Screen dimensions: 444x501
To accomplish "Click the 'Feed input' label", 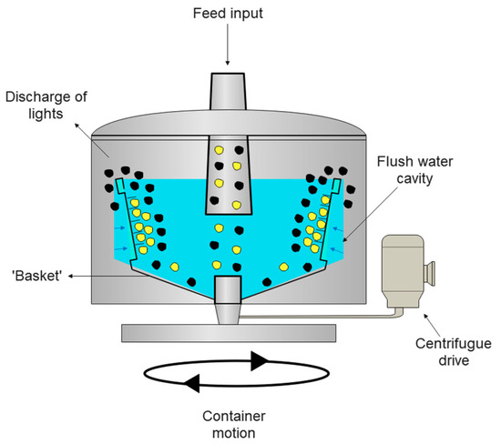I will click(x=229, y=15).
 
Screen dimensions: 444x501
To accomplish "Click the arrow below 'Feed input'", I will click(x=229, y=47).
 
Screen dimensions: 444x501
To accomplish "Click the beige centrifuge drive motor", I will click(x=408, y=269).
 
